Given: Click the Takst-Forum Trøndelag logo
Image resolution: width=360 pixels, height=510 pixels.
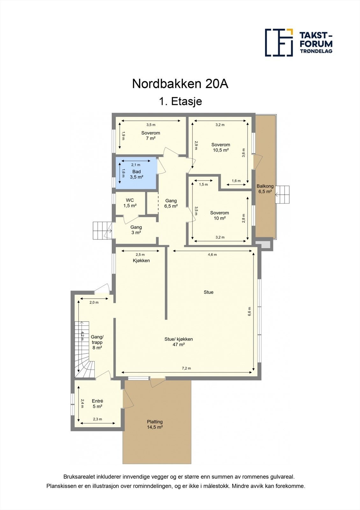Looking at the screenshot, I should click(x=298, y=42).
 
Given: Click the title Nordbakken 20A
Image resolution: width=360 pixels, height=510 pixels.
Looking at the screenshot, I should click(x=180, y=84).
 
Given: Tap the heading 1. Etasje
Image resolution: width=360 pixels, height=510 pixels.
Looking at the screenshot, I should click(x=180, y=101).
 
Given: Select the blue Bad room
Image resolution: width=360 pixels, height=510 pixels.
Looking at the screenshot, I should click(x=136, y=174).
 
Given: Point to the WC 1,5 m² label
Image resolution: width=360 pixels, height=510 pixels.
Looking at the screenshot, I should click(x=130, y=203).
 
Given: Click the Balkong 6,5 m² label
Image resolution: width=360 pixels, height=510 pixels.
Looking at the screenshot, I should click(x=265, y=189).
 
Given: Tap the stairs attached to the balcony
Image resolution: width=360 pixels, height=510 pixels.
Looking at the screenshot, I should click(x=283, y=194).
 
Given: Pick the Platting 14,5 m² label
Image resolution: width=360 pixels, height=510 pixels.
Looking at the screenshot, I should click(x=155, y=424).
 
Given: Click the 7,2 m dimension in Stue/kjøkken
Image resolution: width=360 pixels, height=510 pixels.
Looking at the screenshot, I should click(x=186, y=368).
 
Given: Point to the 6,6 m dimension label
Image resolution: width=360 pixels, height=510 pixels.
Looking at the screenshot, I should click(x=249, y=311).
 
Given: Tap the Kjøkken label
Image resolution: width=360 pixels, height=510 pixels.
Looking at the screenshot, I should click(x=141, y=260).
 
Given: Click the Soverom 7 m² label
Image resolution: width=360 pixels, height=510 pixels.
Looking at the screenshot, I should click(x=151, y=135).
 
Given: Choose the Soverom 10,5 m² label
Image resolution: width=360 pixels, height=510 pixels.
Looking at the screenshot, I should click(x=220, y=147).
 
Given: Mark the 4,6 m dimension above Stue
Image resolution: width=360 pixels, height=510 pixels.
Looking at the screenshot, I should click(x=212, y=255).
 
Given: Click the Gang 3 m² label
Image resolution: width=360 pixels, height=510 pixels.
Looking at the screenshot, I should click(x=136, y=230).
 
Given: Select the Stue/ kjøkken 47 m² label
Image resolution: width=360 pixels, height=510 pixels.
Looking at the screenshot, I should click(x=178, y=342).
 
